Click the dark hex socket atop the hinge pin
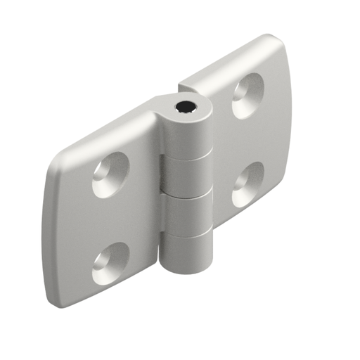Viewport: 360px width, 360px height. click(186, 108)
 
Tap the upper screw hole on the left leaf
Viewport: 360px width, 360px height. click(110, 174)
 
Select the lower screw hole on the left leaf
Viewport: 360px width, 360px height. click(110, 263)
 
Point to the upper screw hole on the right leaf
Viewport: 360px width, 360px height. click(247, 95)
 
